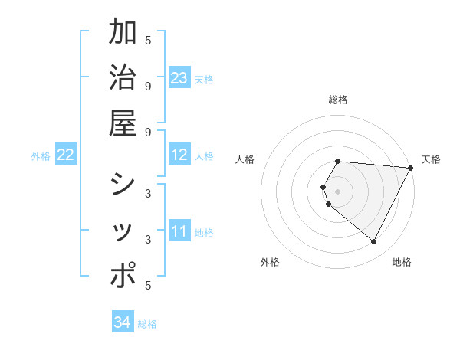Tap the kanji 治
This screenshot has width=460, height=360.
123,78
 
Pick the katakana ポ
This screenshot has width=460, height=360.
123,277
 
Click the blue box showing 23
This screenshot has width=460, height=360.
179,78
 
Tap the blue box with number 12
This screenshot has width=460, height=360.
179,155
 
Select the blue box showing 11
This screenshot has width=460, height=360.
179,232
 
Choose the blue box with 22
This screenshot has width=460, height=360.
65,155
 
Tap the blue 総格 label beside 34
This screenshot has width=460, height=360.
147,324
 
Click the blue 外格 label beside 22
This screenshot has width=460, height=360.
41,156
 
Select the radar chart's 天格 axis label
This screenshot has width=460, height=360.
431,159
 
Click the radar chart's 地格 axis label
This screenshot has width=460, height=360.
402,262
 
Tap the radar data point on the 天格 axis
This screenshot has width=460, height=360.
411,168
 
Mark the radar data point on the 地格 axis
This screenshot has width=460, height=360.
373,242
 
